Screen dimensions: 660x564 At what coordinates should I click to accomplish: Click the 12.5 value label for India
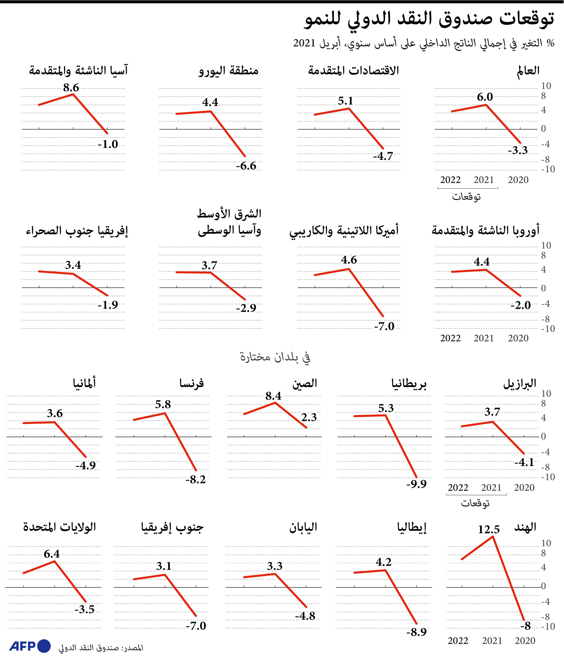click(489, 530)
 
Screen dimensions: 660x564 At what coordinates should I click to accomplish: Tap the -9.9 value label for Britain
click(416, 484)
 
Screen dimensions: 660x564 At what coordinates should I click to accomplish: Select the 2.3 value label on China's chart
click(309, 417)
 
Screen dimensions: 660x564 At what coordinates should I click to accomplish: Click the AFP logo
click(30, 646)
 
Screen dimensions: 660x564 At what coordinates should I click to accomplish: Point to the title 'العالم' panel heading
click(528, 71)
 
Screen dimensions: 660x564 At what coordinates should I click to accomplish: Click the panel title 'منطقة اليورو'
click(229, 71)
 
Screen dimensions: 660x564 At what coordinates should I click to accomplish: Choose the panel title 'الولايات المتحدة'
click(60, 527)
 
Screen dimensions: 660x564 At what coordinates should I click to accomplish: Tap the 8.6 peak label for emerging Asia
click(71, 88)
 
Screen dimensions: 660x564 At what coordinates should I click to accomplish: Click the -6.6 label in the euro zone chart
click(246, 166)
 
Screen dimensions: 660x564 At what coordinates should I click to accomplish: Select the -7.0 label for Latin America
click(384, 326)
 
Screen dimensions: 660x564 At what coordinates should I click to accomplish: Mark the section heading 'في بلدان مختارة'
click(275, 357)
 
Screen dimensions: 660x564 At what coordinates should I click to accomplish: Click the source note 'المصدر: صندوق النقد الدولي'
click(101, 647)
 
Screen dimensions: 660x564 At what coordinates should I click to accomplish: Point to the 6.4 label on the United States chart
click(52, 554)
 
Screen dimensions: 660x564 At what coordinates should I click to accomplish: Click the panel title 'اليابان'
click(303, 527)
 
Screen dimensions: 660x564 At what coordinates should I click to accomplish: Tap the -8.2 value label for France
click(195, 480)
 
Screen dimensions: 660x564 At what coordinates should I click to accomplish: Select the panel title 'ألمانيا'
click(84, 383)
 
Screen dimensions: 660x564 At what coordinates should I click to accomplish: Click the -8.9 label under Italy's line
click(416, 632)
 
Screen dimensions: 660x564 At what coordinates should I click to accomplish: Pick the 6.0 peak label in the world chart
click(485, 97)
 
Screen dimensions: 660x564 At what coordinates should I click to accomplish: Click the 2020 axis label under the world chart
click(518, 180)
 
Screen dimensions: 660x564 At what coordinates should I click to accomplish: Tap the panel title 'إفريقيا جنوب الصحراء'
click(77, 231)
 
